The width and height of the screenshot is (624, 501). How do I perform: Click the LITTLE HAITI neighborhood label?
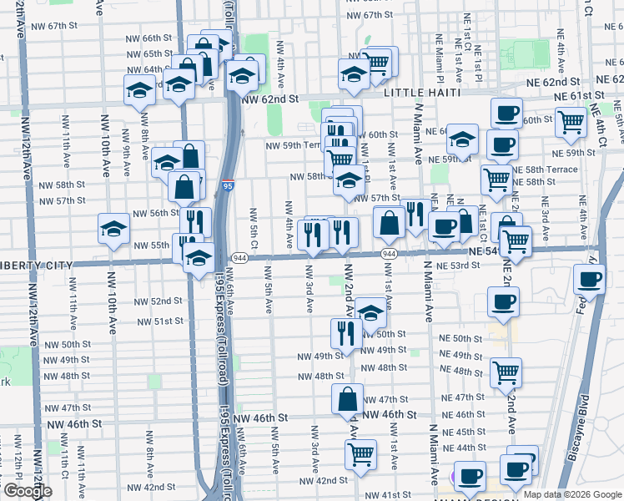[421, 94]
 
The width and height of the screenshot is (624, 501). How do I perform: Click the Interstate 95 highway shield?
[228, 188]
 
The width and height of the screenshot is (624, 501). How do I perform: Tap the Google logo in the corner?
[28, 491]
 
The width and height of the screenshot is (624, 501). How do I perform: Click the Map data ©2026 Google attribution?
[571, 494]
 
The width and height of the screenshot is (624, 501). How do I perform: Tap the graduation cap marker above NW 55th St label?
[113, 227]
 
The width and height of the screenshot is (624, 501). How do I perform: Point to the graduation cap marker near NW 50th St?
[370, 313]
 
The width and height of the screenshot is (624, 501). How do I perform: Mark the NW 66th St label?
[149, 38]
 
